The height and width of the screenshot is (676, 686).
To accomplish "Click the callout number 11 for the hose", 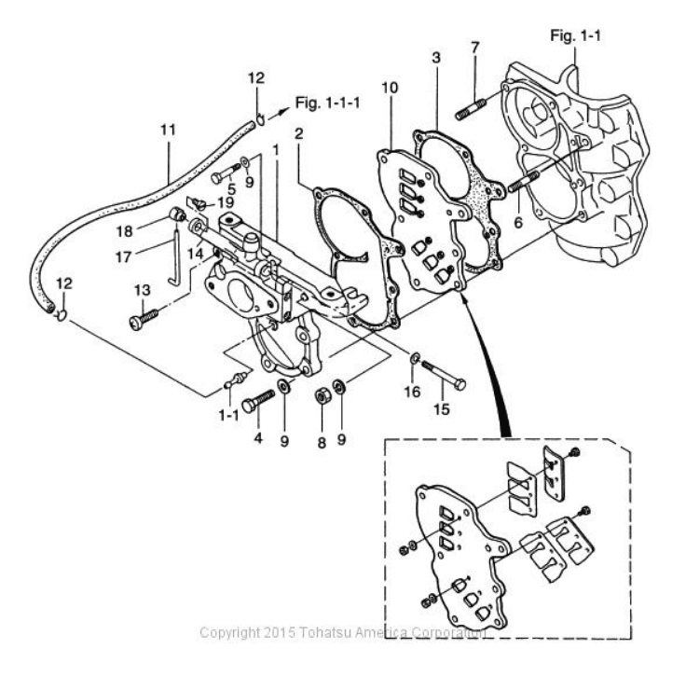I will [x=168, y=131].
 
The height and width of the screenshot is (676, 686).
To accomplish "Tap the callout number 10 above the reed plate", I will [x=390, y=88].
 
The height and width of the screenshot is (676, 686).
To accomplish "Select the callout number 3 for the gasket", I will [x=435, y=59].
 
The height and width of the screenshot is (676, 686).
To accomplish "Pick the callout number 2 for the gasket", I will [x=298, y=133].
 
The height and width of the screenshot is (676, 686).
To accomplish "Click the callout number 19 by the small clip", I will [x=226, y=202].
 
